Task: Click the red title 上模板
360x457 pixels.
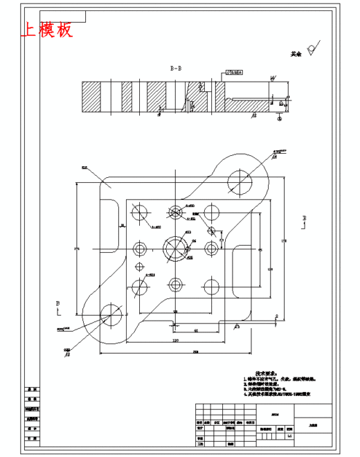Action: coord(47,30)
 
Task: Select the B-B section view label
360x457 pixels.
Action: coord(176,68)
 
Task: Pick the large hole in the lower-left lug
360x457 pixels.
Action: coord(110,313)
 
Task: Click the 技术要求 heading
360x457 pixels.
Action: coord(267,373)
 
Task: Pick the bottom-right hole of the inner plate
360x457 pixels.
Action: coord(210,284)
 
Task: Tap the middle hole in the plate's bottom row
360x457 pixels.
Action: coord(175,284)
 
